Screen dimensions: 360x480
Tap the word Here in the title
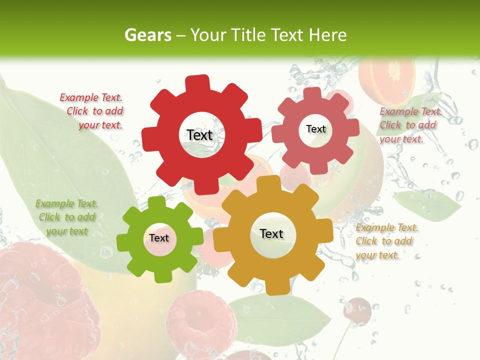point(327,35)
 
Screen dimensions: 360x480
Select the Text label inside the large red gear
point(199,135)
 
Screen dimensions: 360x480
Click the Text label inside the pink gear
point(315,129)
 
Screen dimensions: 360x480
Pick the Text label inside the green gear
point(159,238)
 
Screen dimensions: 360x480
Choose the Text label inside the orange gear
point(271,233)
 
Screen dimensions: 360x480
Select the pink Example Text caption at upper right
point(410,125)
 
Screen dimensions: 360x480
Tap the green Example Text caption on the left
point(66,217)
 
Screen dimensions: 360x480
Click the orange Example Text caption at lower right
point(386,241)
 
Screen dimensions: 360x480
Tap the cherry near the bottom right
point(356,309)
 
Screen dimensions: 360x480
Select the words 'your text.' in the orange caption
point(377,254)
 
